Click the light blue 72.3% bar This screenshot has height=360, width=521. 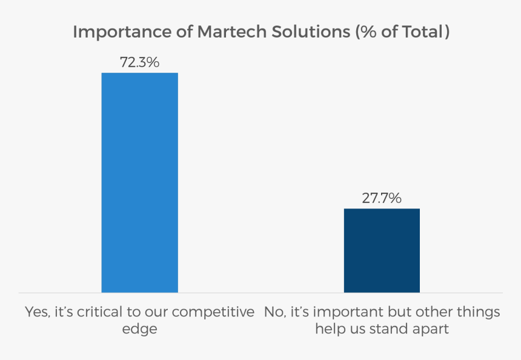point(139,182)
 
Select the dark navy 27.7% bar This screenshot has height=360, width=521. point(382,250)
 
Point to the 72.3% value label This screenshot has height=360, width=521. point(139,61)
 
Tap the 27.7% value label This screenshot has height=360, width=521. point(382,198)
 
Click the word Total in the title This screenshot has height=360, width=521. point(422,32)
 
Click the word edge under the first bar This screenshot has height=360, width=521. point(139,330)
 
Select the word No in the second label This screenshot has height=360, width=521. point(274,312)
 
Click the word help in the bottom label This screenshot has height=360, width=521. point(328,330)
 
